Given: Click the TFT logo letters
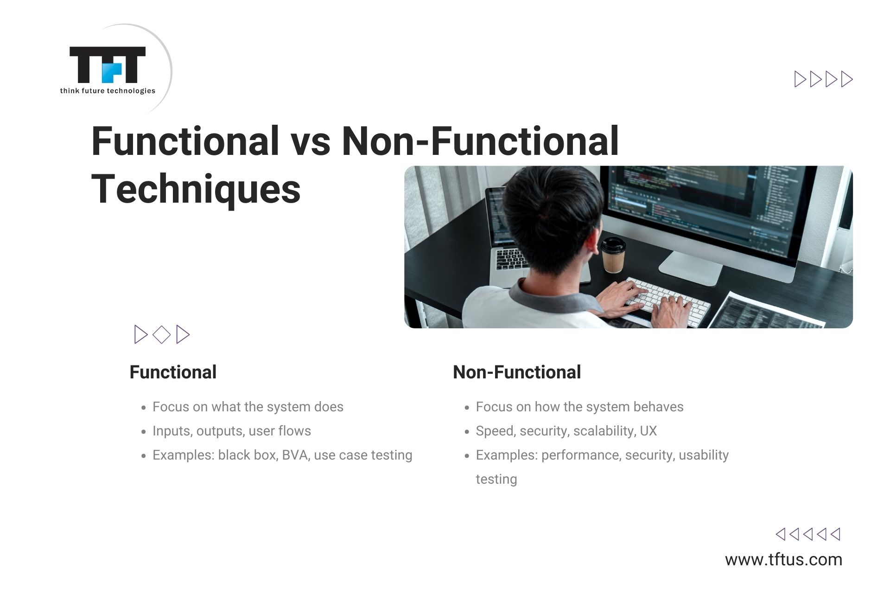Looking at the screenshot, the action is pyautogui.click(x=108, y=64).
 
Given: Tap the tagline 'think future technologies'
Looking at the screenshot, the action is pyautogui.click(x=108, y=91).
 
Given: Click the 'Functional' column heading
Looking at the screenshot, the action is pyautogui.click(x=173, y=372).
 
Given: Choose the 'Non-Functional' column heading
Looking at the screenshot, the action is pyautogui.click(x=517, y=372).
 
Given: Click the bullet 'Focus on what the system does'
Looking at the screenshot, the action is pyautogui.click(x=248, y=407).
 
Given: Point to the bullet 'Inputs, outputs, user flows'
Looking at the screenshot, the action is pyautogui.click(x=232, y=431).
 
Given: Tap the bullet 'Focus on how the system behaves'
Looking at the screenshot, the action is pyautogui.click(x=579, y=407).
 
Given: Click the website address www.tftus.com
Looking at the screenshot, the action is pyautogui.click(x=784, y=559).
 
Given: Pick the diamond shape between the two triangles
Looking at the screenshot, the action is pyautogui.click(x=162, y=334).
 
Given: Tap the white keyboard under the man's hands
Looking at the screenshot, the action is pyautogui.click(x=667, y=301).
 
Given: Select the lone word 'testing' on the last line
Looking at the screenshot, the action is pyautogui.click(x=496, y=479).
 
